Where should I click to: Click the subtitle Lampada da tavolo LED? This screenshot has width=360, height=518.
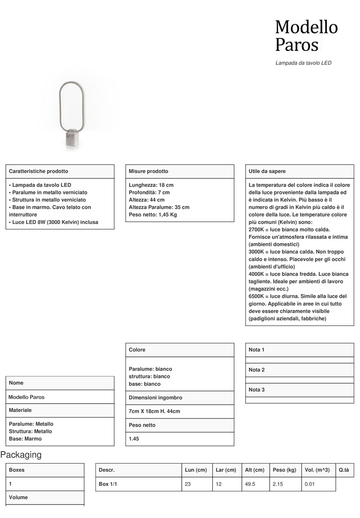[303, 63]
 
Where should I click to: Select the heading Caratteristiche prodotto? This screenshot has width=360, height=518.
[39, 171]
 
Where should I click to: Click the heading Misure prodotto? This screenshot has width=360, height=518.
[148, 171]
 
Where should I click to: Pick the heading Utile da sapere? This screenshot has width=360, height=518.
[267, 171]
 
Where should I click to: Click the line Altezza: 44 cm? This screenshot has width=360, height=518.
[147, 200]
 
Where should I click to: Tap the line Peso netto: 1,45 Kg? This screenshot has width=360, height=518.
[153, 215]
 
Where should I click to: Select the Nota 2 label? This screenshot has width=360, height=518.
[256, 370]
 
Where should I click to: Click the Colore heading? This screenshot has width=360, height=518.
[137, 350]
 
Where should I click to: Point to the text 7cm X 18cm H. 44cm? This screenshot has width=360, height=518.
[154, 412]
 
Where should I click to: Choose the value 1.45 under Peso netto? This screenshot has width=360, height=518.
[134, 439]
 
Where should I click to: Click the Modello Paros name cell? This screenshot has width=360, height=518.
[27, 397]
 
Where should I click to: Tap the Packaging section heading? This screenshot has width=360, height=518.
[21, 455]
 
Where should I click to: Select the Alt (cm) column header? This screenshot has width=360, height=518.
[255, 470]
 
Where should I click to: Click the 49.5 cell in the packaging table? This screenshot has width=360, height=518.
[250, 484]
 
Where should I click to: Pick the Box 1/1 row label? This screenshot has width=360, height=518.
[108, 484]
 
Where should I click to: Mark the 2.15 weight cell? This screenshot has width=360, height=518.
[278, 484]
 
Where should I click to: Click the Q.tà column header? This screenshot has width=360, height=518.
[344, 470]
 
